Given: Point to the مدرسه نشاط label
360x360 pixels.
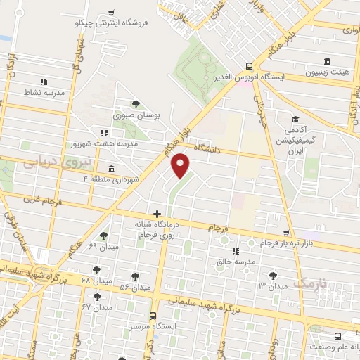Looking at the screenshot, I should [44, 92].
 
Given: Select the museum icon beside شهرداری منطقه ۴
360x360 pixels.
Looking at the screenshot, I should [112, 168].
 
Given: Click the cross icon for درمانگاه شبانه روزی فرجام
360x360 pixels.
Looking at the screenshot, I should [157, 213].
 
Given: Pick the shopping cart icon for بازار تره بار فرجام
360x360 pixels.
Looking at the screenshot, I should [285, 233].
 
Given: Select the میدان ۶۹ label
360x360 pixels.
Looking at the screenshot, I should [103, 246].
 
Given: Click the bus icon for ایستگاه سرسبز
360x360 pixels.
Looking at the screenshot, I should [153, 317].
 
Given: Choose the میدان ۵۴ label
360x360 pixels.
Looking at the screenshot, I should [135, 287].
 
